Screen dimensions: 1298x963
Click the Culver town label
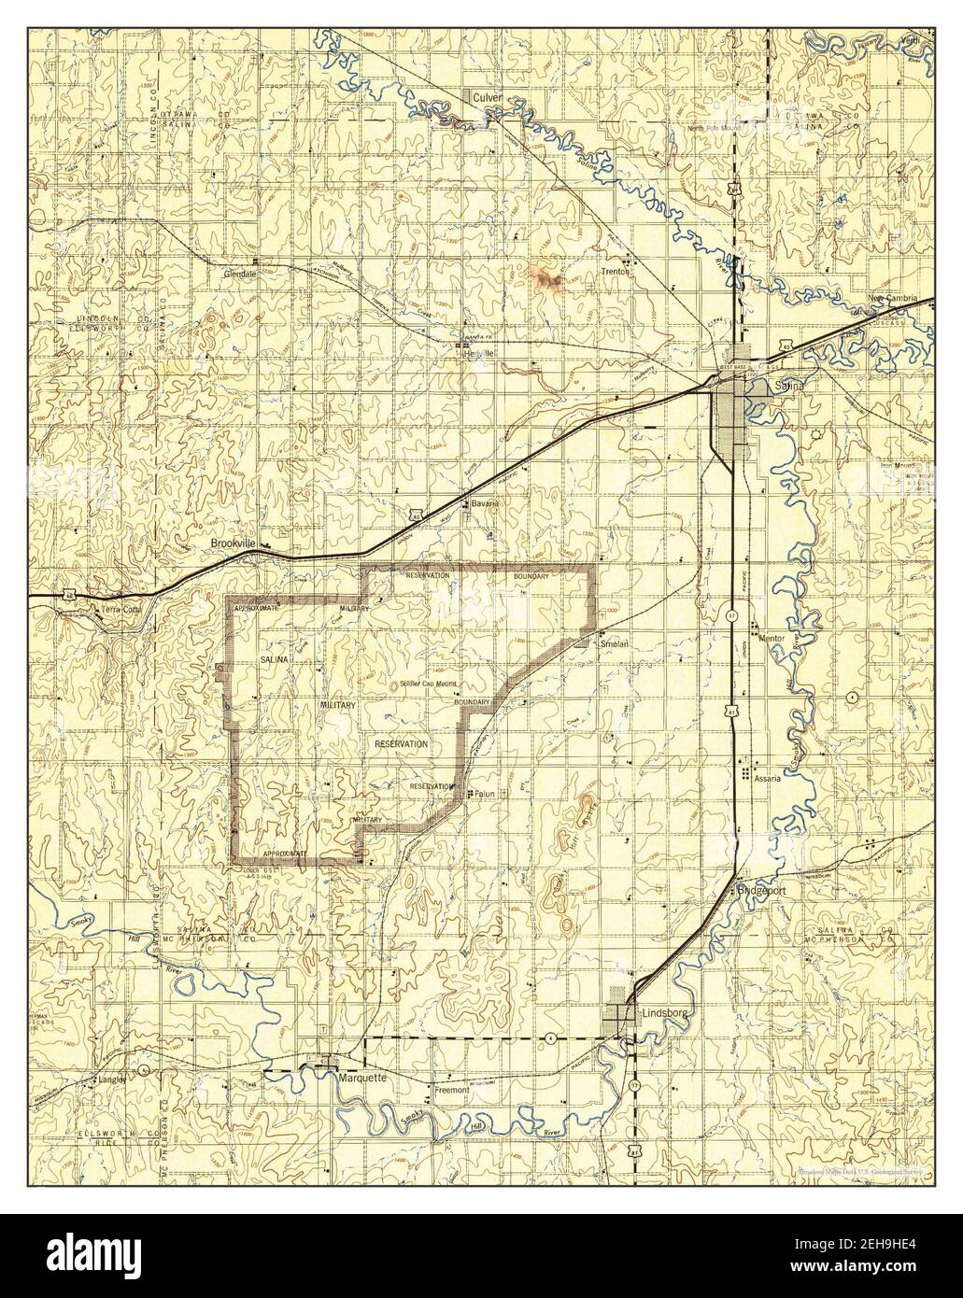(488, 97)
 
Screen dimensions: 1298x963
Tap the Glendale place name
(241, 275)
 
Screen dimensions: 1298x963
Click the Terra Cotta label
(120, 610)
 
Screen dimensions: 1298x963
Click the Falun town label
(483, 795)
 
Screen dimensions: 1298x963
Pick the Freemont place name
(450, 1089)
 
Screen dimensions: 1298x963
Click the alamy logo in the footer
(93, 1256)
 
